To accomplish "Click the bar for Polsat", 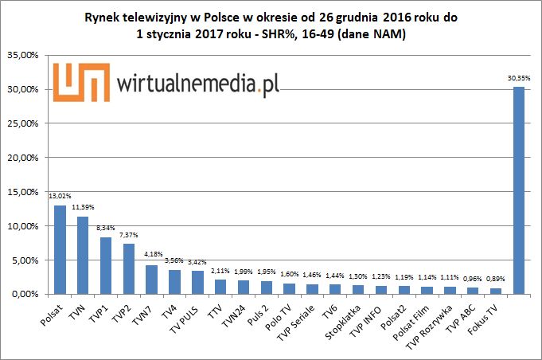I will click(60, 249).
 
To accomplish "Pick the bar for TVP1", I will click(106, 265).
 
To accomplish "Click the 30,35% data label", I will click(518, 79).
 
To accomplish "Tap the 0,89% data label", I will click(495, 280).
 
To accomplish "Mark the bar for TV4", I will click(174, 282).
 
